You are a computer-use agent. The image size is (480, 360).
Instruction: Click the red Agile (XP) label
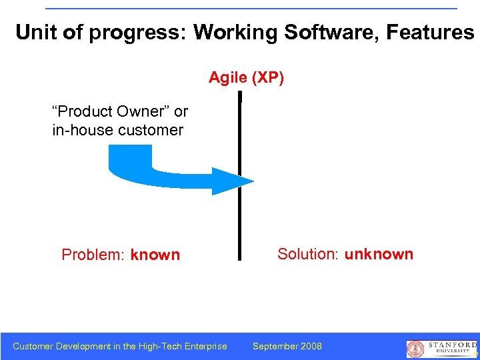(246, 78)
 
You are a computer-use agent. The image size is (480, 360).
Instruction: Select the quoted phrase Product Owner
(111, 111)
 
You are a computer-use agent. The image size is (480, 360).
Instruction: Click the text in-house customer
(117, 130)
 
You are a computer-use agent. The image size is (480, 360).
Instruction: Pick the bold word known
(155, 255)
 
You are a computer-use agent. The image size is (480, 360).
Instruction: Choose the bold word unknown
(379, 254)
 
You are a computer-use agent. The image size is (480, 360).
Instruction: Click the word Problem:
(93, 255)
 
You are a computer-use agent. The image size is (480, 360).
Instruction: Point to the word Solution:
(308, 254)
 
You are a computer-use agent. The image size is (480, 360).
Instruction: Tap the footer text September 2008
(287, 346)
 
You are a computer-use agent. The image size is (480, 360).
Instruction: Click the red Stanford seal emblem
(415, 349)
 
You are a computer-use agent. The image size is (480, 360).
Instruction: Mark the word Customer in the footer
(33, 346)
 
